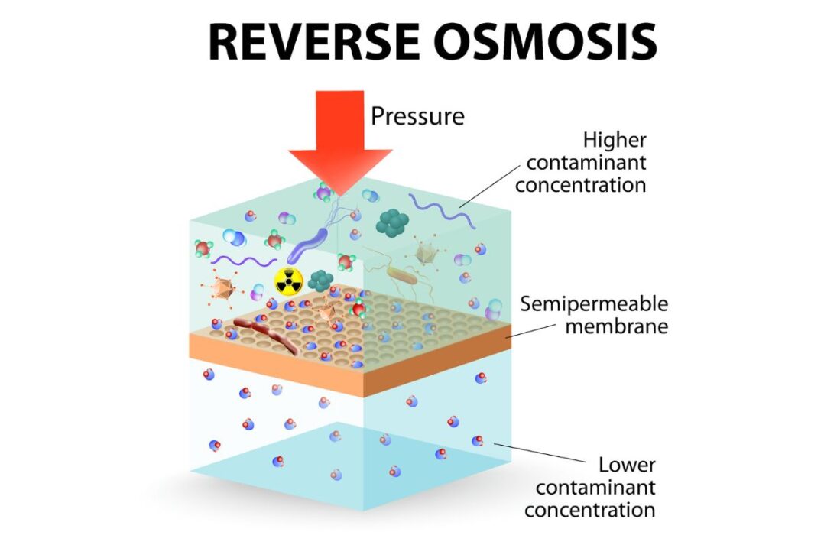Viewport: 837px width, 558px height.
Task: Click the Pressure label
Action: [x=417, y=116]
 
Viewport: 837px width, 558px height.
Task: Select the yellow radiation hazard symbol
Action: [x=289, y=281]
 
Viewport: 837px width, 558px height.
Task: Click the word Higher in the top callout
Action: [x=615, y=141]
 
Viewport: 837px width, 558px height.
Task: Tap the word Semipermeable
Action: [x=594, y=304]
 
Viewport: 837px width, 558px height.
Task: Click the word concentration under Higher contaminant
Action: [x=580, y=184]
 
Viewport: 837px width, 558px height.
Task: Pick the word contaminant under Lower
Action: [x=595, y=487]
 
